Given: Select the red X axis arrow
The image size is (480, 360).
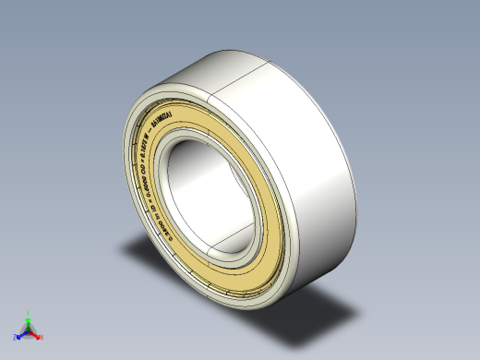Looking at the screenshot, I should pos(37,335).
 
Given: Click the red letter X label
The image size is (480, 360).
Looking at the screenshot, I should pos(42,337).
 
